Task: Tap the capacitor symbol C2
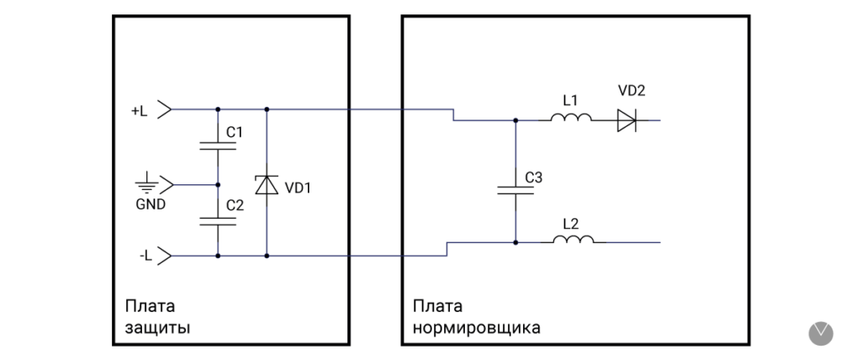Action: coord(219,220)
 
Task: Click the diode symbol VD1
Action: coord(267,184)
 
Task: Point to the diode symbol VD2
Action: coord(626,119)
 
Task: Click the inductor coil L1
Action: coord(572,119)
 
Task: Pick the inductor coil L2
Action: coord(573,241)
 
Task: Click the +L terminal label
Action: coord(140,110)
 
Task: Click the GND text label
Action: coord(151,204)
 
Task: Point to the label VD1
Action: coord(298,188)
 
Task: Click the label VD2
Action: coord(631,91)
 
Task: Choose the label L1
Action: coord(570,100)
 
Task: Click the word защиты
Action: coord(157,327)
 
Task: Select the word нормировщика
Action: coord(476,327)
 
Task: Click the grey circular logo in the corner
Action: coord(821,332)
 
